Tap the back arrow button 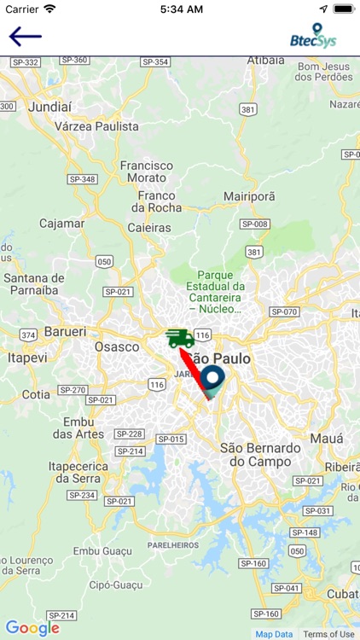point(25,37)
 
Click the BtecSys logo point(313,36)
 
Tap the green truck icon point(179,338)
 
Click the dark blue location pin point(212,379)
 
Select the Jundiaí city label point(48,108)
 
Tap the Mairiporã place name point(249,196)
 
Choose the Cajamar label point(61,224)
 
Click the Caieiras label point(149,228)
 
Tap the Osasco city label point(116,346)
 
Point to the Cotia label point(36,394)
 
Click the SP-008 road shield point(254,224)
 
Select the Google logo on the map point(32,628)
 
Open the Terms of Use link point(328,634)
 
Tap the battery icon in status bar point(343,9)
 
